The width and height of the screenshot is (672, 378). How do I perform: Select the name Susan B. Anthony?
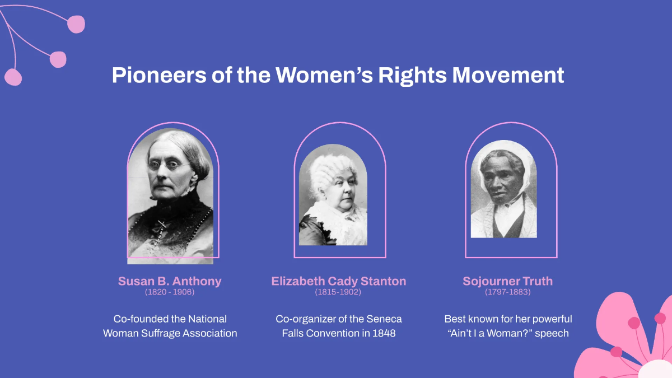(x=170, y=281)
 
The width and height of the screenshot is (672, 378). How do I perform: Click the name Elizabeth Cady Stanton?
(x=339, y=281)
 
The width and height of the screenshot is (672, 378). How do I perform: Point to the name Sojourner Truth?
(x=507, y=281)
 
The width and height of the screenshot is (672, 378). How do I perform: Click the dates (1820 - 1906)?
(x=170, y=292)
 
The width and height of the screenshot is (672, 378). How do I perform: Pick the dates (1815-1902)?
(x=338, y=292)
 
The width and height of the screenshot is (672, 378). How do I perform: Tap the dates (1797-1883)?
(x=507, y=292)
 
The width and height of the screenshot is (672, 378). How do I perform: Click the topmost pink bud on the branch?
(x=76, y=24)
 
